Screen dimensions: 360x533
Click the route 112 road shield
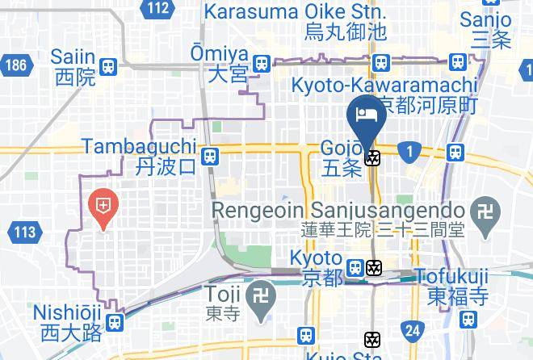[159, 9]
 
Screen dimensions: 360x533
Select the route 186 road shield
[15, 65]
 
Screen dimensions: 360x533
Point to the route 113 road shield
[25, 233]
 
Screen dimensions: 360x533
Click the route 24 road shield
[412, 329]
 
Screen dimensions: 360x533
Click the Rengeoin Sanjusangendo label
[339, 218]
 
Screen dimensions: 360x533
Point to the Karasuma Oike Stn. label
[296, 22]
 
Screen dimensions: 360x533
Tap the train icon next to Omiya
[260, 63]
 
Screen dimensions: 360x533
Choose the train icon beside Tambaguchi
[210, 156]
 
